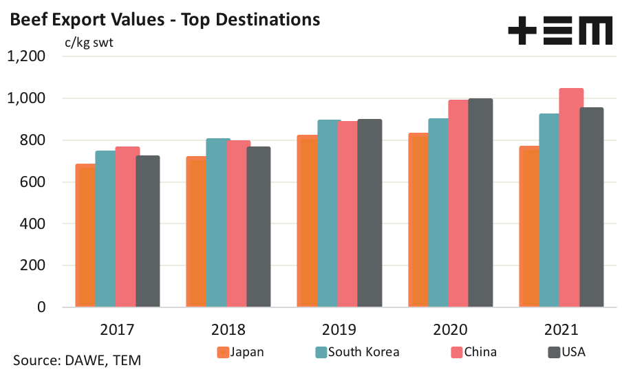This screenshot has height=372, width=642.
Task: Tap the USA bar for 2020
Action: pos(480,203)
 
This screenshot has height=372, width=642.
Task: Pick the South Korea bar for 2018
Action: pos(217,223)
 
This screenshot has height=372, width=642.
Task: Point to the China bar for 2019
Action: pos(349,214)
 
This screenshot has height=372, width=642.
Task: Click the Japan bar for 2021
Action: pos(529,227)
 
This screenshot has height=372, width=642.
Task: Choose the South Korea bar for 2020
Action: pos(438,213)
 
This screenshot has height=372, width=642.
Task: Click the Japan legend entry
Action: pos(241,352)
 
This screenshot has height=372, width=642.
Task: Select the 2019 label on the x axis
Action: pos(338,329)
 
